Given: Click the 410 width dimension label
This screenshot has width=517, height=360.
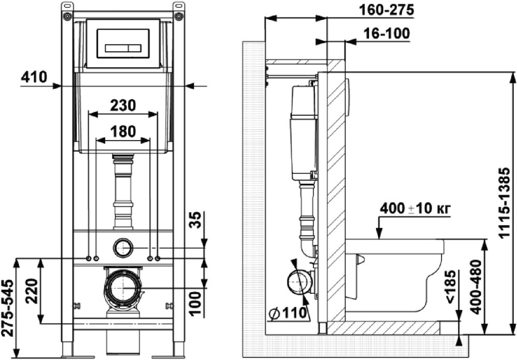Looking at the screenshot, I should tap(34, 78).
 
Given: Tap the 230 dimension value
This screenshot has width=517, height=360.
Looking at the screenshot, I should tap(123, 106).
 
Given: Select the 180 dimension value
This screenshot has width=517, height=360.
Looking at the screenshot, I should tap(123, 131).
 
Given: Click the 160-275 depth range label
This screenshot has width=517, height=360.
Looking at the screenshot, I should tap(377, 10).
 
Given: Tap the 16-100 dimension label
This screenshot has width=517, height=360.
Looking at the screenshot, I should tap(383, 34).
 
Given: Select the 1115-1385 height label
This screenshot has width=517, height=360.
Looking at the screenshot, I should tap(506, 202).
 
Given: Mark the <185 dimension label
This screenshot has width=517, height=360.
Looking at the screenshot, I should tap(451, 289).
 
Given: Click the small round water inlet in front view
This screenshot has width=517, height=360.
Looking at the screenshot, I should tap(123, 248).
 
